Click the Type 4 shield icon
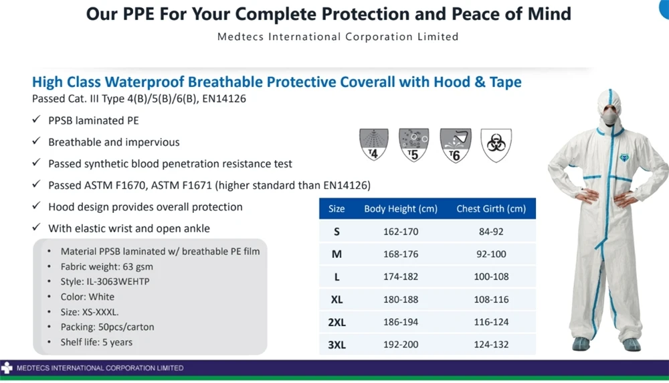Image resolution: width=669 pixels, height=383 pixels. coord(374,145)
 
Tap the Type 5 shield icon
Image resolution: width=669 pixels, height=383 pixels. coord(414,145)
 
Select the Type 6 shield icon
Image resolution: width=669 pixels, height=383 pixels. coord(456,145)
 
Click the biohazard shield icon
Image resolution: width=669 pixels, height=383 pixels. coord(496,145)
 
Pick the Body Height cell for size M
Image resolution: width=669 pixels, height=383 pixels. coord(401,254)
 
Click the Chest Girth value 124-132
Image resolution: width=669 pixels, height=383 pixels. coord(491,344)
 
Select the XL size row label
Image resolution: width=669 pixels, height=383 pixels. coord(337,299)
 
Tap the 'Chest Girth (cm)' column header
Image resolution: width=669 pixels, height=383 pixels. coord(491,209)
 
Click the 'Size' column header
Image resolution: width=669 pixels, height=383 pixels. coord(337,209)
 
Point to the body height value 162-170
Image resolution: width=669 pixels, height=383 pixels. coord(401,232)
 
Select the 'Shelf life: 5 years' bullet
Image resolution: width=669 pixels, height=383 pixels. coord(96,342)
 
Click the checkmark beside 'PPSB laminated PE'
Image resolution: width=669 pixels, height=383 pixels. coord(36,121)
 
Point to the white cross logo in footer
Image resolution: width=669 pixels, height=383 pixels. coord(7,368)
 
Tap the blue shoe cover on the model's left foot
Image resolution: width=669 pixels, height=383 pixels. coord(632,344)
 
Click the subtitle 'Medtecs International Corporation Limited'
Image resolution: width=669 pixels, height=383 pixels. coord(338,36)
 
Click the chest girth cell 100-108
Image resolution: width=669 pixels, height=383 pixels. coord(491,277)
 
